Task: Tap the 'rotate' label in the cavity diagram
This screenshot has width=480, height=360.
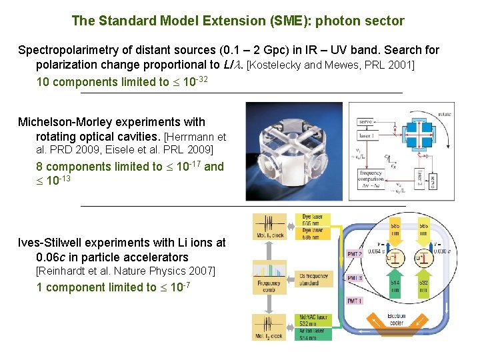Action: [444, 114]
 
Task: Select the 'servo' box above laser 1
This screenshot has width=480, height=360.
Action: [365, 122]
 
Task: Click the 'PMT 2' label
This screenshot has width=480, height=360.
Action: [355, 254]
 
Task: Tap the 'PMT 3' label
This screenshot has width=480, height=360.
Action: [355, 277]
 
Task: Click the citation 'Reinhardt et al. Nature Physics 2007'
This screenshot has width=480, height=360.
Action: [126, 271]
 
